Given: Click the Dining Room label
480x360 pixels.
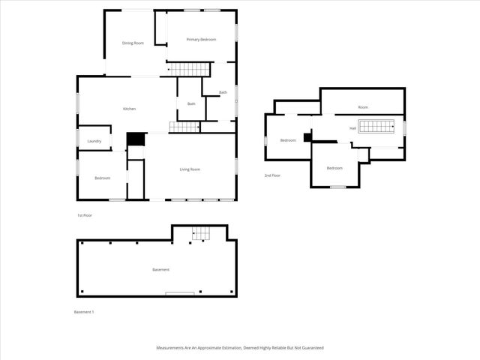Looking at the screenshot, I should tap(133, 43).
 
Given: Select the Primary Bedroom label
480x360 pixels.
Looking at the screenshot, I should tap(201, 39).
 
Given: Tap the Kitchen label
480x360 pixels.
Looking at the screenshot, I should tap(130, 109).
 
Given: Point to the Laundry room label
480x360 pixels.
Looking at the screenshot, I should tap(94, 141).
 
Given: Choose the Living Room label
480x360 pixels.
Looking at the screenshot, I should tap(190, 169).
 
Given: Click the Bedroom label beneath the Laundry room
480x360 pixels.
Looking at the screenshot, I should tap(102, 178).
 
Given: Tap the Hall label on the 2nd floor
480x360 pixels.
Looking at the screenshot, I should tap(352, 128).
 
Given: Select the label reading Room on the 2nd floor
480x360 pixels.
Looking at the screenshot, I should tap(363, 107).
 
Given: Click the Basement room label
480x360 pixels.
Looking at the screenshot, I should tap(160, 269).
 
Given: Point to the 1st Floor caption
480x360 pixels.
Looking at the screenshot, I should tap(84, 215).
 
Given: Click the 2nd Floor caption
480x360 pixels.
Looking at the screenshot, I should tap(272, 175).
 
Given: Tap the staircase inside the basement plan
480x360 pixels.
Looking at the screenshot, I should tap(199, 233).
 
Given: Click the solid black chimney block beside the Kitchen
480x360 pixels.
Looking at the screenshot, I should tap(136, 139).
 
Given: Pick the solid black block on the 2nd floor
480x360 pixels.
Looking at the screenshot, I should tap(307, 138).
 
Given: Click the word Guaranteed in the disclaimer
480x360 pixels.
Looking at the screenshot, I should tap(310, 348).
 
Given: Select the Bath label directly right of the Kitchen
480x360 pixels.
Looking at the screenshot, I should tap(191, 103).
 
